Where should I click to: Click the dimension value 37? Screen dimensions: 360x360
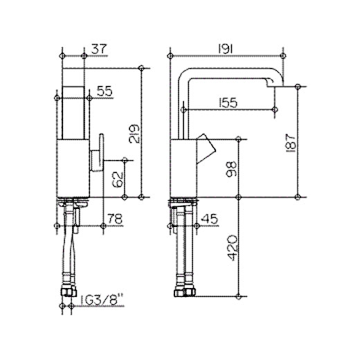(x=100, y=49)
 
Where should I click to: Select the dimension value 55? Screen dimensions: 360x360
(x=105, y=91)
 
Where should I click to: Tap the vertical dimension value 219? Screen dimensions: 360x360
(x=134, y=134)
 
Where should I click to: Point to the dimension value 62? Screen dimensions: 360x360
(x=117, y=180)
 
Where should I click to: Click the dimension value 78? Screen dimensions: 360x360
(x=115, y=219)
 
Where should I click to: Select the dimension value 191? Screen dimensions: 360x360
(x=226, y=49)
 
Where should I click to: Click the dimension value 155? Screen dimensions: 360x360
(x=228, y=103)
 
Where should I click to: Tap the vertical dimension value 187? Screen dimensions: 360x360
(x=291, y=143)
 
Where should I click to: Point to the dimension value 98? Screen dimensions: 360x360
(x=231, y=169)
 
